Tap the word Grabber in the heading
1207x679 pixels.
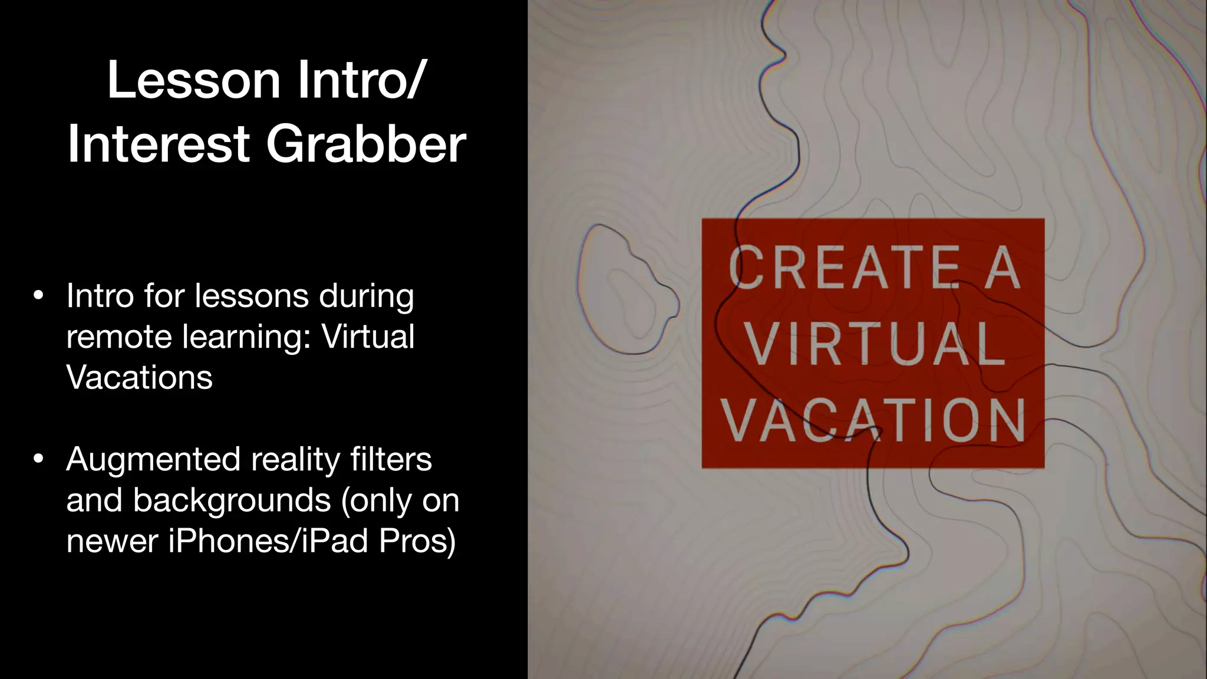(366, 144)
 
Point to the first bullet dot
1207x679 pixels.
(38, 296)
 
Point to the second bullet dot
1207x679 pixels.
(38, 459)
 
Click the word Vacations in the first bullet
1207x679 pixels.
(139, 377)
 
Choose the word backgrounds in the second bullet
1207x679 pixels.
(232, 500)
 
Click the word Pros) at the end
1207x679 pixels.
(417, 540)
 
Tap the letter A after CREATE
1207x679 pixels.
(1003, 268)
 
